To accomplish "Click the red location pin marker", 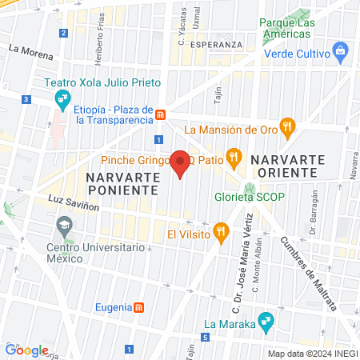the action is (181, 162).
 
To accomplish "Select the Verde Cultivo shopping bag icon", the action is (341, 54).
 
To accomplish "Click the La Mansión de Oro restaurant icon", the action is (289, 127).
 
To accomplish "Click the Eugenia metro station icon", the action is (139, 306).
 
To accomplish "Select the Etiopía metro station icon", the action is (161, 114).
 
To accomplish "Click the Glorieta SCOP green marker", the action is (249, 190).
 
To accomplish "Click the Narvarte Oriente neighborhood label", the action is (286, 166).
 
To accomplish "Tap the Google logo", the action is (27, 350).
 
